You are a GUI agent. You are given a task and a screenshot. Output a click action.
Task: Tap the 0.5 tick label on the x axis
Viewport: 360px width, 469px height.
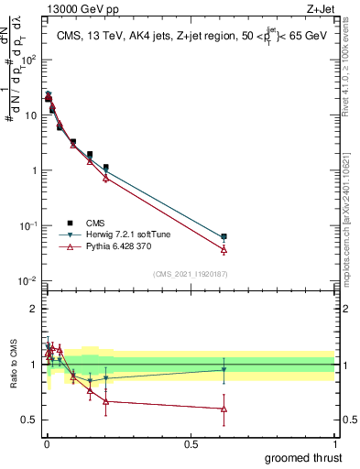pyautogui.click(x=190, y=443)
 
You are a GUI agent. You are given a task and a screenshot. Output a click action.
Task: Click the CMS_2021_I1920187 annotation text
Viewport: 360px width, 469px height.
pyautogui.click(x=190, y=273)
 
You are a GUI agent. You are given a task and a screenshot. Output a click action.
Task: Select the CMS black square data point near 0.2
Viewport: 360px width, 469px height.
pyautogui.click(x=106, y=168)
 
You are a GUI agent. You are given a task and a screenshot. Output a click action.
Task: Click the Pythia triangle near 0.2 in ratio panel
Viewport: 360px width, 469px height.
pyautogui.click(x=106, y=401)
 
